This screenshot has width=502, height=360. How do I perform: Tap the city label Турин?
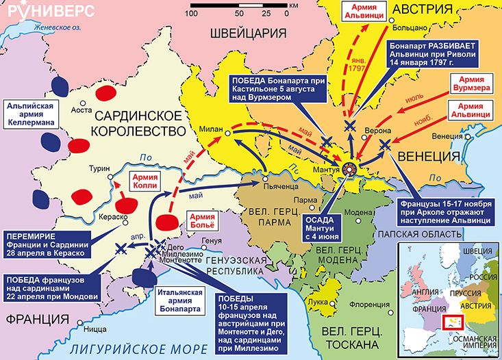point(99,169)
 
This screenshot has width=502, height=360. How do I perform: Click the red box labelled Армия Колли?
point(145,182)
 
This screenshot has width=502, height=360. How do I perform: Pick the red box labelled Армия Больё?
point(199,220)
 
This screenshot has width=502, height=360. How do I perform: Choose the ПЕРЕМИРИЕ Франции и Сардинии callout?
point(48,242)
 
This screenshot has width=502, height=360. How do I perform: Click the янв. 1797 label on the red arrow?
point(355,66)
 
